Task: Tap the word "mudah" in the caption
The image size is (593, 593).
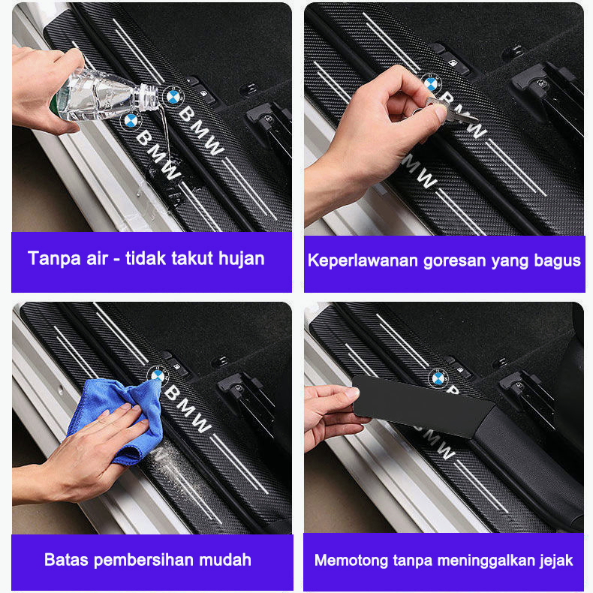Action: [225, 560]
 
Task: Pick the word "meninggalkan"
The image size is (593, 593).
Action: [486, 561]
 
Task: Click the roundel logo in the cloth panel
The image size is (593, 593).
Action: [158, 375]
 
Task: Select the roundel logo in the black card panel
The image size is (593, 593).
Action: [438, 378]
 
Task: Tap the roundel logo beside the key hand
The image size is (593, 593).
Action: [430, 83]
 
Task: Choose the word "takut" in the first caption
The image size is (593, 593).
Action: [192, 260]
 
